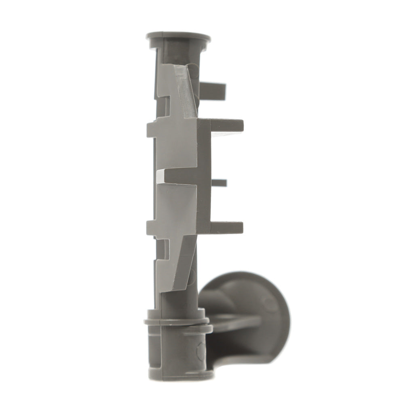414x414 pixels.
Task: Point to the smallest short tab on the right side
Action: tap(219, 183)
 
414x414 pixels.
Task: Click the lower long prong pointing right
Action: tap(226, 227)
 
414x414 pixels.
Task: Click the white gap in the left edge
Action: tap(159, 175)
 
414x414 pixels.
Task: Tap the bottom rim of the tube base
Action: tap(180, 374)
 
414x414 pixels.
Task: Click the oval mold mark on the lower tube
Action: tap(201, 352)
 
